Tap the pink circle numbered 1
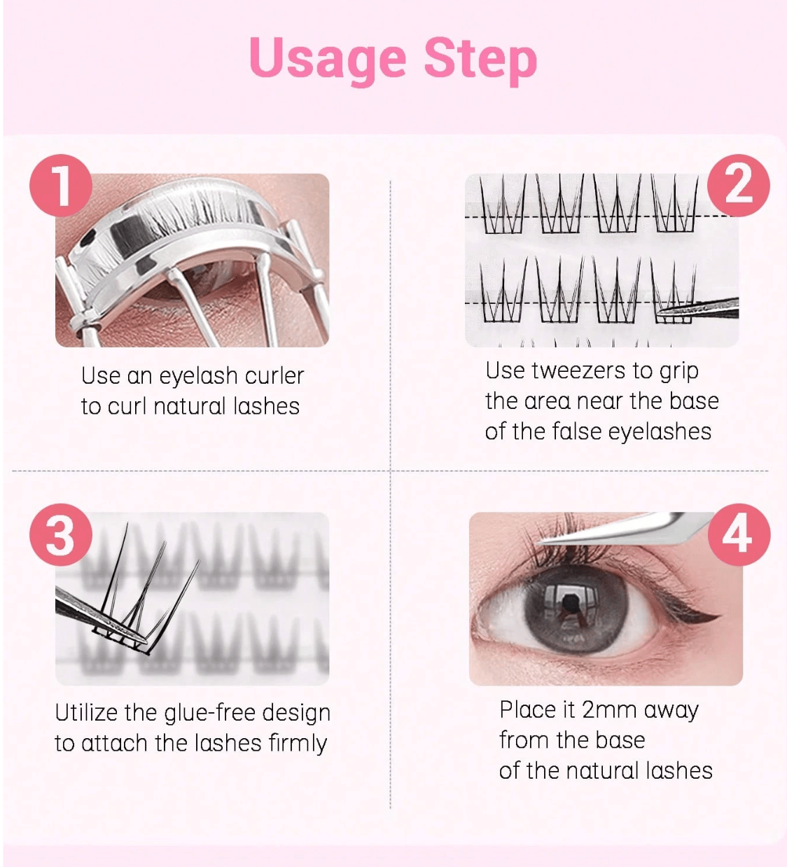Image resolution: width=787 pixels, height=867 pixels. pos(61,186)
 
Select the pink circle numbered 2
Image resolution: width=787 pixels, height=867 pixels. pos(739,186)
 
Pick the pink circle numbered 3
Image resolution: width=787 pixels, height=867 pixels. pos(61,534)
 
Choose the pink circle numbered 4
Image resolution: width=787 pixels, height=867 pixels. pos(739,534)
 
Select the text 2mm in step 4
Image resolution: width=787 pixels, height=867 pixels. pos(609,709)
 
